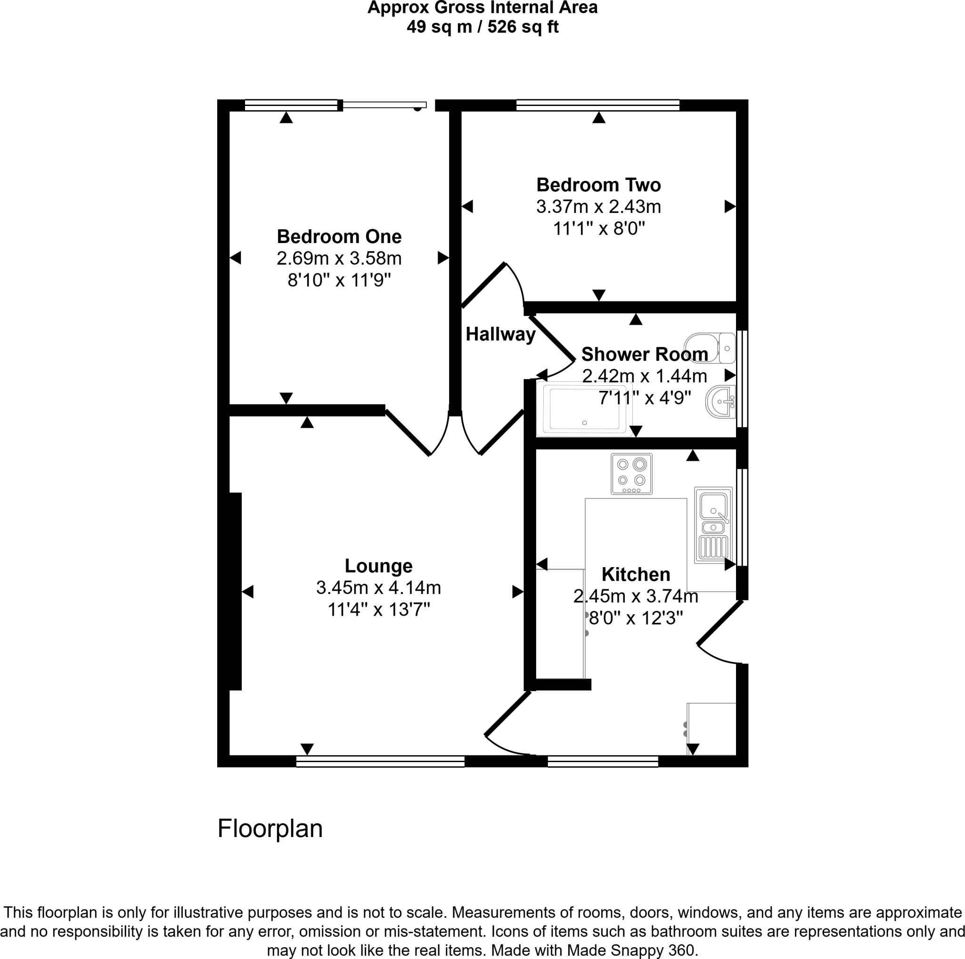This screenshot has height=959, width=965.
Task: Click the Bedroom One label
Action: point(339,236)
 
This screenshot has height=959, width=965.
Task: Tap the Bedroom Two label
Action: point(598,185)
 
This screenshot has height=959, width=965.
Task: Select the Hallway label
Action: point(500,334)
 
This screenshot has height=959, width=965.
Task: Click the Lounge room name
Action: point(379,566)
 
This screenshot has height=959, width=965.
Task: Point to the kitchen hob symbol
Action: point(631,474)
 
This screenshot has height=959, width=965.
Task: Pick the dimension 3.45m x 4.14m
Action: point(379,587)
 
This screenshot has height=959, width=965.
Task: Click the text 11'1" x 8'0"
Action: point(598,228)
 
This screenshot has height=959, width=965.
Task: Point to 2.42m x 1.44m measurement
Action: point(644,376)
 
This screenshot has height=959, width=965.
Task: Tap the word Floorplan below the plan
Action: point(270,828)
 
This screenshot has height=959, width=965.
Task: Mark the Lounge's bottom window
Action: point(380,761)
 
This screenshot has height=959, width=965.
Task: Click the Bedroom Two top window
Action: point(597,105)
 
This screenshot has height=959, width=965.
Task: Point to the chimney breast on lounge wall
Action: point(235,591)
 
